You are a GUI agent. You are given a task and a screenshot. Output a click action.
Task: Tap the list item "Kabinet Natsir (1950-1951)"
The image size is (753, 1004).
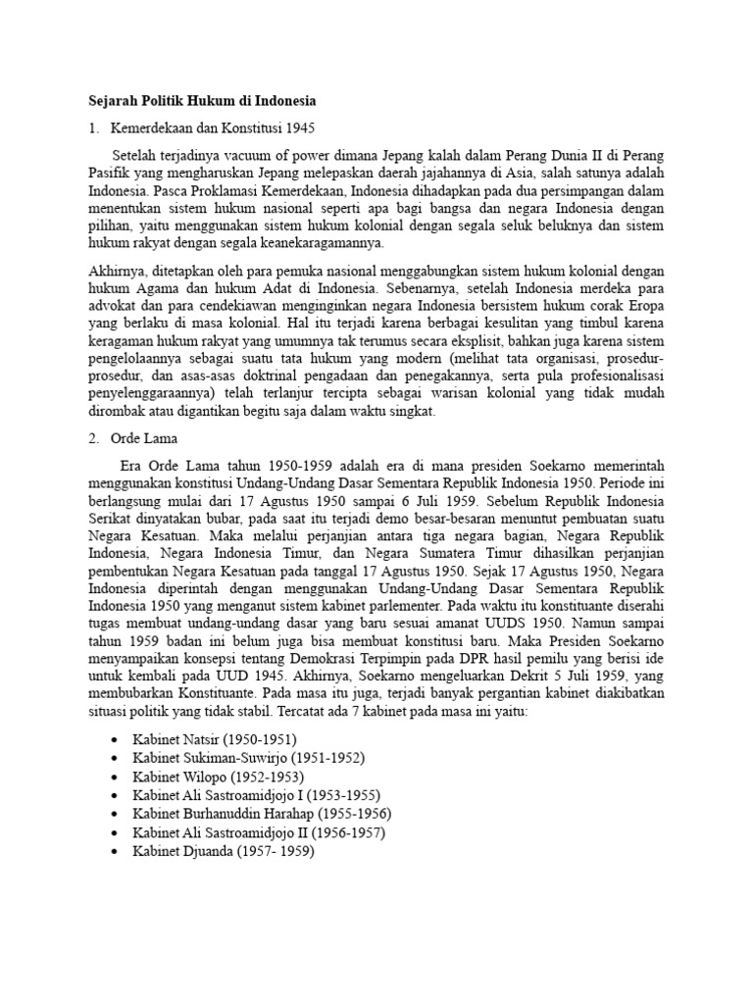pos(215,739)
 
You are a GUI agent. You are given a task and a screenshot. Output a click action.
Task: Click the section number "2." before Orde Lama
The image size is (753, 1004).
pos(93,439)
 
